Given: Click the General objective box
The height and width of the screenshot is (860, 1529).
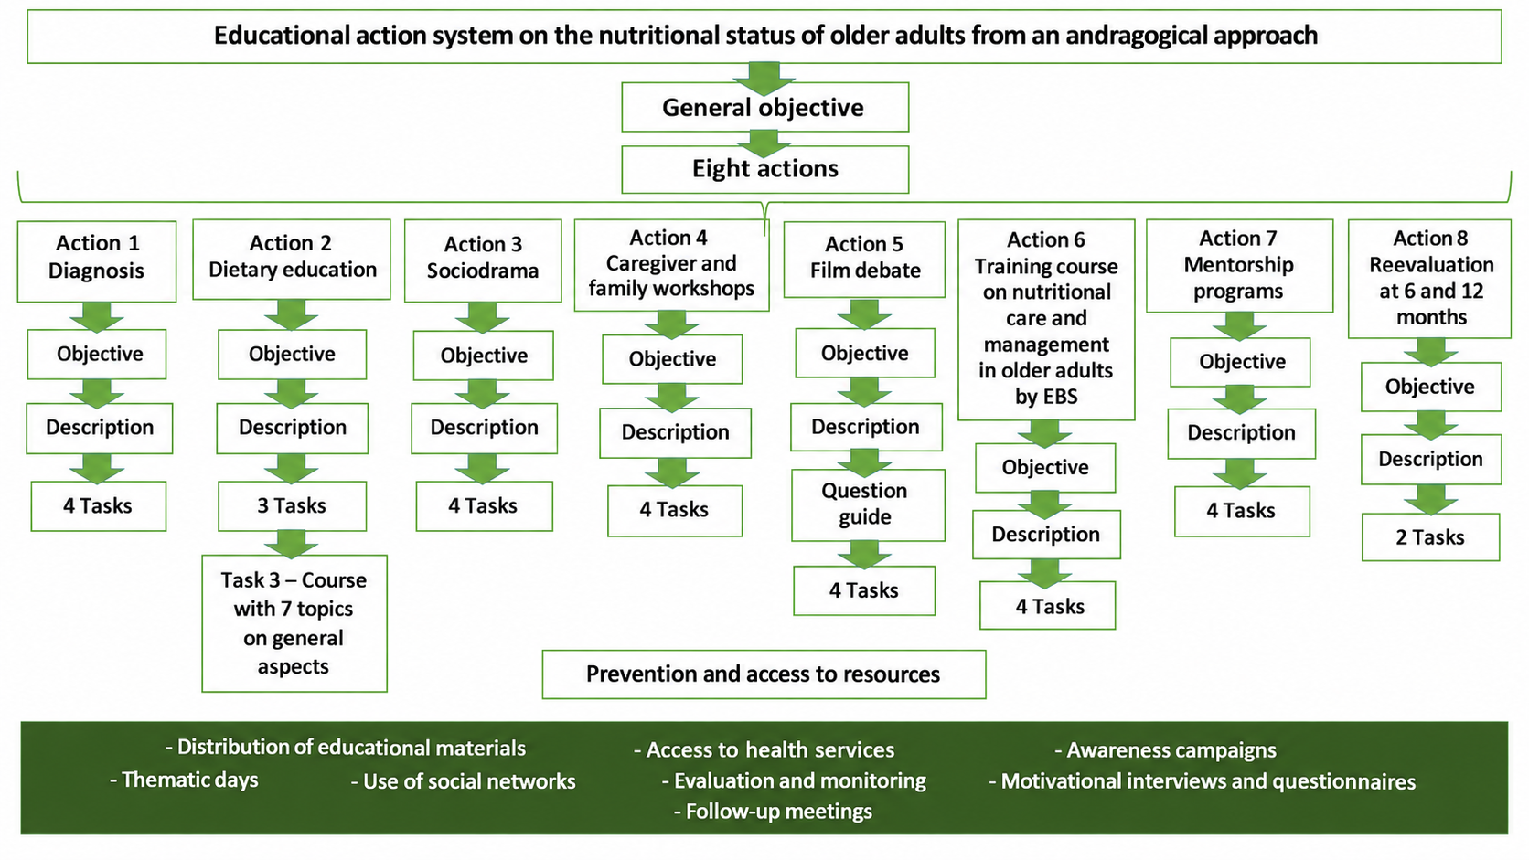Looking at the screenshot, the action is pyautogui.click(x=765, y=107).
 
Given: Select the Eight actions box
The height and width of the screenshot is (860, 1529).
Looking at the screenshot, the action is pyautogui.click(x=765, y=169).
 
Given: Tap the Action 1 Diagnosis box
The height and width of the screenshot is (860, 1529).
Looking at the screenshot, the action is pyautogui.click(x=97, y=261).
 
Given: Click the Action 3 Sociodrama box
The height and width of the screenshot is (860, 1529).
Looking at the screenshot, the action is pyautogui.click(x=483, y=260).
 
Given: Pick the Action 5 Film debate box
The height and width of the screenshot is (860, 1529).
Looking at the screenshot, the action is pyautogui.click(x=864, y=260).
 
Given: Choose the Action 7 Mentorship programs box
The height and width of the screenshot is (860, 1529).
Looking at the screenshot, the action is pyautogui.click(x=1240, y=266).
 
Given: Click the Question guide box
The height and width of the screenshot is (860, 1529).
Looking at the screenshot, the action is pyautogui.click(x=868, y=505).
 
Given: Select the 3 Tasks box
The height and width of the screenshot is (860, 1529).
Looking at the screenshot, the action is pyautogui.click(x=292, y=506).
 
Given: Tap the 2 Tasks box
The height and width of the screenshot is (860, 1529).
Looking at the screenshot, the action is pyautogui.click(x=1431, y=536).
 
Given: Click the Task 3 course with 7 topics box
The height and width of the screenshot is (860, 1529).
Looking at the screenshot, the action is pyautogui.click(x=294, y=623).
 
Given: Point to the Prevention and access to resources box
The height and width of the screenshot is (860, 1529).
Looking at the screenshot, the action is pyautogui.click(x=764, y=674).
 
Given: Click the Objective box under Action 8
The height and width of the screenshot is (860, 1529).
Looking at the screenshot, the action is pyautogui.click(x=1431, y=387).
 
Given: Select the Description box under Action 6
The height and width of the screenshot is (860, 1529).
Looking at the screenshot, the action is pyautogui.click(x=1046, y=535).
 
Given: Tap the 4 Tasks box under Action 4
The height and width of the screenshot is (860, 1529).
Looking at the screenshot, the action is pyautogui.click(x=675, y=511).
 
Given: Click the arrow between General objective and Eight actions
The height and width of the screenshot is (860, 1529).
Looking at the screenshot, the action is pyautogui.click(x=764, y=142).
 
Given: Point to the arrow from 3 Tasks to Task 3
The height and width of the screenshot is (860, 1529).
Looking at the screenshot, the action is pyautogui.click(x=292, y=544).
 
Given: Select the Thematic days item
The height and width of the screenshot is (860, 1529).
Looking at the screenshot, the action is pyautogui.click(x=185, y=780).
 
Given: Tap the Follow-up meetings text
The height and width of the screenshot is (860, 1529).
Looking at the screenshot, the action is pyautogui.click(x=773, y=812).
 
